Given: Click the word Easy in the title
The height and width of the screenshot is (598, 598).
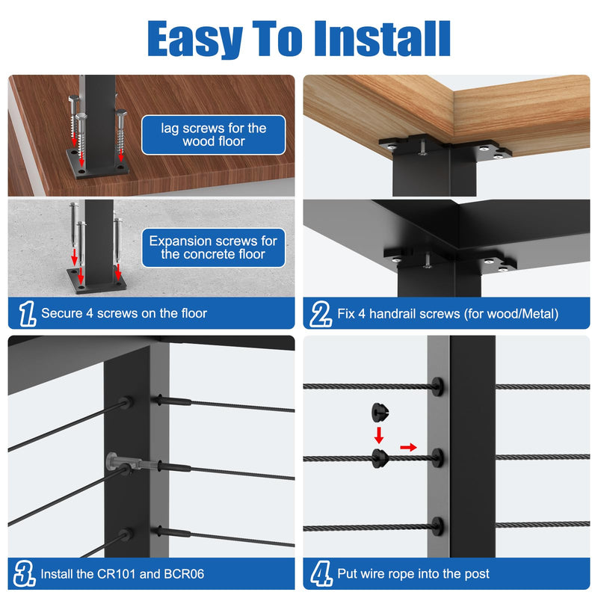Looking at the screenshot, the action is point(195,39).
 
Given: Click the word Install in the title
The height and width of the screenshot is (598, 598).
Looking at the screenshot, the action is point(382,39).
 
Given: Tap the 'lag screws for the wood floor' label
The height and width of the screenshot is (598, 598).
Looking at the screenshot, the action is point(214,135).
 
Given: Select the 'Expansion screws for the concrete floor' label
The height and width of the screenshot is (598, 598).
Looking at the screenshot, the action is point(214,247).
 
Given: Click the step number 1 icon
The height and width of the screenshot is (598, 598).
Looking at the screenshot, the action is point(28,313).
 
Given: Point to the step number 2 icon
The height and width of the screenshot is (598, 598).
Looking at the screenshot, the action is point(321,314).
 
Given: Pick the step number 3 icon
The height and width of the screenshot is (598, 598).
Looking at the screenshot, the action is point(25,573).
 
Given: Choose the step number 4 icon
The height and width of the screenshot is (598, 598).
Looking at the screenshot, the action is point(321,573).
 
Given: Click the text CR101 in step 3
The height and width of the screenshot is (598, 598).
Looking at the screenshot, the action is point(117,574).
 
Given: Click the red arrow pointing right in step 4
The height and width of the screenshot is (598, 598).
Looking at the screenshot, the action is point(408,447).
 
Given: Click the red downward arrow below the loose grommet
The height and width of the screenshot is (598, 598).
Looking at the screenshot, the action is point(379,435).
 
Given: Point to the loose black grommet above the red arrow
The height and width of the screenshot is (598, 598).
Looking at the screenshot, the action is point(380,412).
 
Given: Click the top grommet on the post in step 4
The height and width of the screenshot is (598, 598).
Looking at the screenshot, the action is point(438,387).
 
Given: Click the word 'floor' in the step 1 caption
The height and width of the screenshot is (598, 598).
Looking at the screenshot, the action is point(194,313).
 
